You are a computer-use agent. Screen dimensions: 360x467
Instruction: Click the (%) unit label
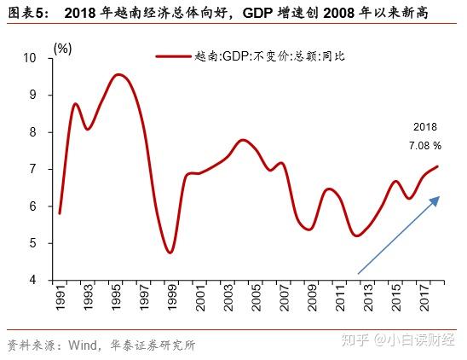[x=62, y=49]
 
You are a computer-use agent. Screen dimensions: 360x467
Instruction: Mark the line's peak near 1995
[x=119, y=75]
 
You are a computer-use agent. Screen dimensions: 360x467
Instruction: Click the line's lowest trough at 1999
[x=170, y=253]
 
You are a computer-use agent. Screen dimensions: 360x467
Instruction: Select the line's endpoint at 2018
[x=438, y=166]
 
